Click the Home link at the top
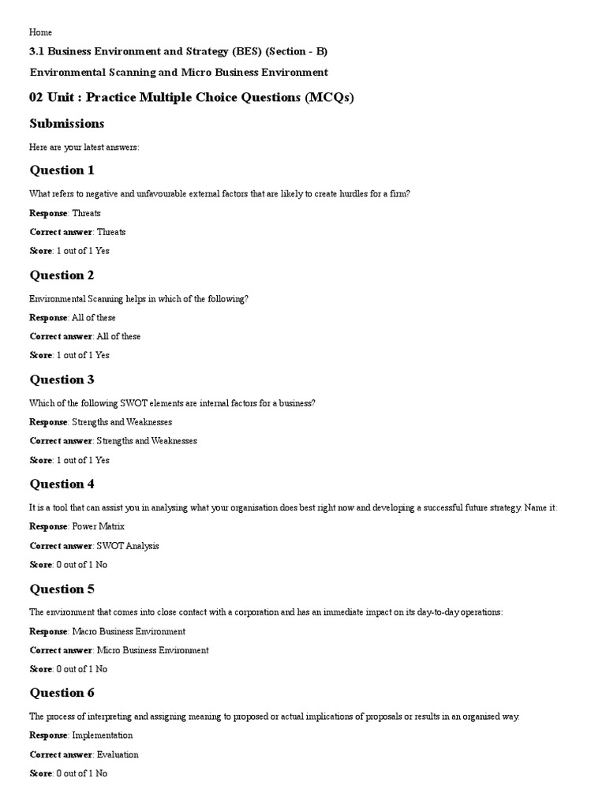tap(41, 32)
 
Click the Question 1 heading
tap(62, 170)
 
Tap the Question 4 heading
tap(62, 484)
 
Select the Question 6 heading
tap(62, 694)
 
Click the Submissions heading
tap(67, 124)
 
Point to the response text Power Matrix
tap(99, 526)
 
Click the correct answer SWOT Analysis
tap(128, 546)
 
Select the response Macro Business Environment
tap(129, 631)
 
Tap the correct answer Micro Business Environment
tap(152, 650)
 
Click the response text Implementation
tap(103, 735)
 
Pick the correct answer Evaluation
tap(118, 754)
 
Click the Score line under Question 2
tap(69, 355)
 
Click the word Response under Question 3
tap(48, 422)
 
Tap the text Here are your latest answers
tap(84, 148)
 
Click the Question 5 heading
tap(62, 589)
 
